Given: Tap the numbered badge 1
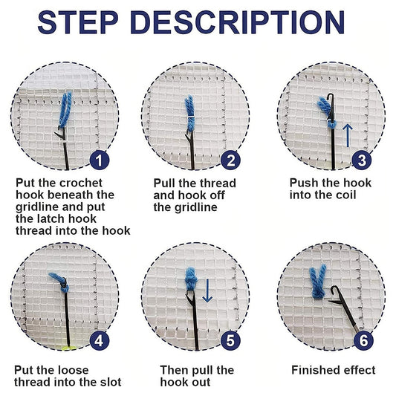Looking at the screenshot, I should click(x=100, y=159).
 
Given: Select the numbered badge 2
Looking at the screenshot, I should click(x=231, y=159).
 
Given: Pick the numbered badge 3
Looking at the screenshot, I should click(x=362, y=159).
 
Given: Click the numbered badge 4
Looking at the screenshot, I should click(x=100, y=342).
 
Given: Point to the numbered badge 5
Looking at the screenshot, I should click(x=231, y=342).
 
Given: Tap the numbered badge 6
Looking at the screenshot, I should click(x=362, y=342).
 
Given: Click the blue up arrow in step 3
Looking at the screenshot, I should click(x=346, y=135).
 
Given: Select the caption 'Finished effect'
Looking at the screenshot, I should click(x=333, y=370).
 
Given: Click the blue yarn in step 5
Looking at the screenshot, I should click(x=190, y=282).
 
